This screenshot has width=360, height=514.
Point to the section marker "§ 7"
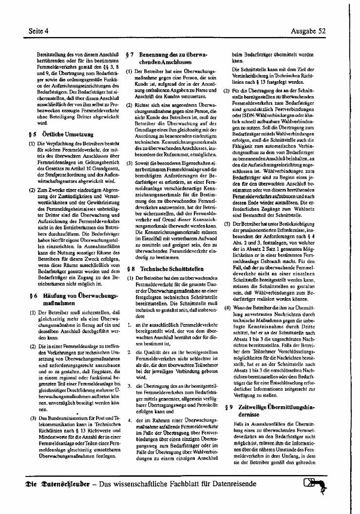[x=130, y=55]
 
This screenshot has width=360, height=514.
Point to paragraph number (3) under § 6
[x=33, y=418]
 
